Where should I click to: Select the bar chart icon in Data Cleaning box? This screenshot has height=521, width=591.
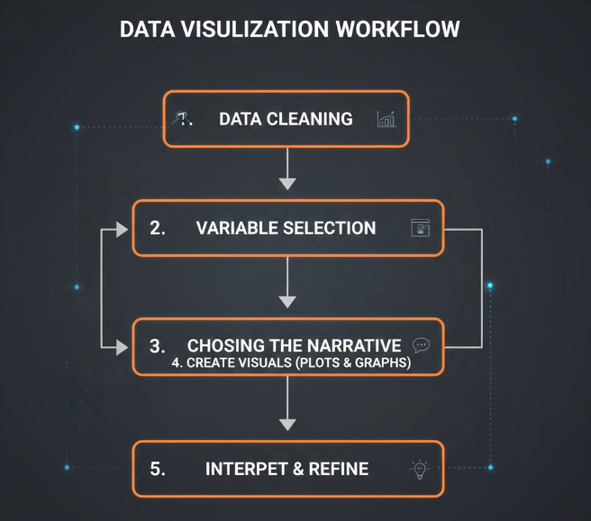pyautogui.click(x=386, y=119)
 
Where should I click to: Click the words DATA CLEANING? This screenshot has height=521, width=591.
pyautogui.click(x=286, y=118)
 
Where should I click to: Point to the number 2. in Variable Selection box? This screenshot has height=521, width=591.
pyautogui.click(x=158, y=228)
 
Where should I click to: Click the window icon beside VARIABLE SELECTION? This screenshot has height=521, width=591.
pyautogui.click(x=420, y=228)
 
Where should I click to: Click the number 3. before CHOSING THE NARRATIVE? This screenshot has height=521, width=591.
pyautogui.click(x=158, y=346)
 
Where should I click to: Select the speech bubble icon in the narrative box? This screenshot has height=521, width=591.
pyautogui.click(x=421, y=344)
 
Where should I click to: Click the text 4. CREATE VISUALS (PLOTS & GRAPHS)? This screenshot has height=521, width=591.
pyautogui.click(x=291, y=365)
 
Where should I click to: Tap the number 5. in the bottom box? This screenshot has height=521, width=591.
pyautogui.click(x=158, y=469)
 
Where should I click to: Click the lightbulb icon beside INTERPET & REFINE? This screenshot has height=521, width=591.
pyautogui.click(x=419, y=469)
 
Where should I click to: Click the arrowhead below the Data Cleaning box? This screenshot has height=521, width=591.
pyautogui.click(x=287, y=183)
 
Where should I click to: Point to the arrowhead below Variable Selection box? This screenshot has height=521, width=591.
pyautogui.click(x=287, y=302)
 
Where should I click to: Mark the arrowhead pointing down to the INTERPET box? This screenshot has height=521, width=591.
pyautogui.click(x=287, y=423)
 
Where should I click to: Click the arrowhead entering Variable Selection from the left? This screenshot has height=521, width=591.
pyautogui.click(x=123, y=228)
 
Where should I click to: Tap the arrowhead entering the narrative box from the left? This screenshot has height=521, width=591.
pyautogui.click(x=123, y=346)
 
